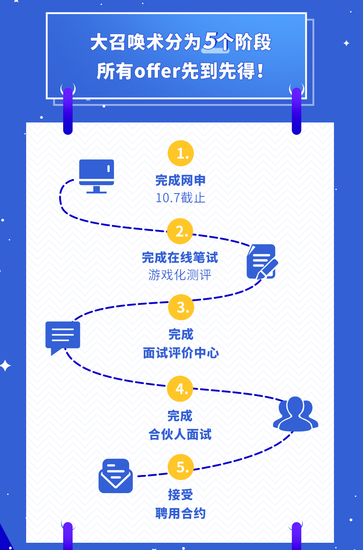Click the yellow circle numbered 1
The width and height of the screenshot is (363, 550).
coord(181,153)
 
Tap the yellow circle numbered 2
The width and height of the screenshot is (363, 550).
coord(180,231)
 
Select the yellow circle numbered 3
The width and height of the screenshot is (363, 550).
coord(181,308)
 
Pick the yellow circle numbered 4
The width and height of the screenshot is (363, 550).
coord(180,389)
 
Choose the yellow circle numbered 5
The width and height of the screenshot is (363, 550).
coord(181,467)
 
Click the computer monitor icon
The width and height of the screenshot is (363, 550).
coord(97,176)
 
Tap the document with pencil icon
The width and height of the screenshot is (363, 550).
coord(262,262)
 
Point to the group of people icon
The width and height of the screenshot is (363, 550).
coord(295,414)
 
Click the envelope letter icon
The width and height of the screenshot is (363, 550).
coord(115,476)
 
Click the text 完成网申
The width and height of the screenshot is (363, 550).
coord(180,180)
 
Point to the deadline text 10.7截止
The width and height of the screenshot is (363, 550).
coord(180,198)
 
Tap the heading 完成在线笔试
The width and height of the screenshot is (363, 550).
coord(180,258)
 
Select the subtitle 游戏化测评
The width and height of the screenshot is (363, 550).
coord(180,275)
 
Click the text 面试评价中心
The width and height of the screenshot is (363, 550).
coord(181,353)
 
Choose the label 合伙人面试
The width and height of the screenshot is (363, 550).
coord(180,434)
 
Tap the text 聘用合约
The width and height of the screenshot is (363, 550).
coord(180,513)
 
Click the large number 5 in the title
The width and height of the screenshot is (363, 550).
coord(211,41)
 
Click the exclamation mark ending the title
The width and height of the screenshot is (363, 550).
coord(260,71)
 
